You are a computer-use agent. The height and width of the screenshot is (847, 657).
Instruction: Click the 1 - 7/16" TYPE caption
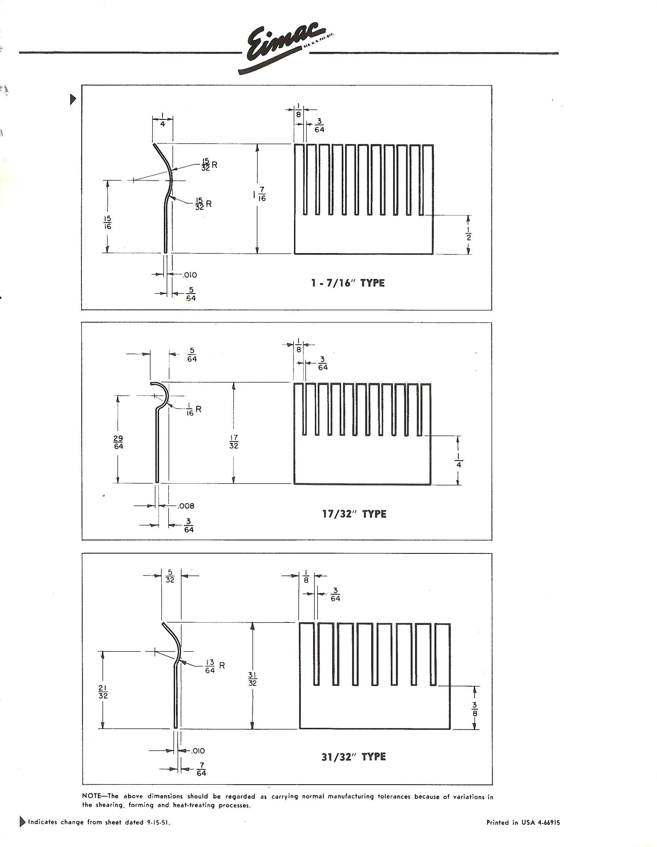pos(348,283)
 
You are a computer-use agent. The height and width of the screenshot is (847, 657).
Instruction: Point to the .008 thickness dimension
pos(186,506)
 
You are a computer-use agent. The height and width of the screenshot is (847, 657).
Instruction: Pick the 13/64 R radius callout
pos(215,666)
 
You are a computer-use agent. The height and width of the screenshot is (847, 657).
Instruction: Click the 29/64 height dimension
pos(118,442)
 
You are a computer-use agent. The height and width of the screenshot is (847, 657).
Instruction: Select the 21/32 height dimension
pos(103,692)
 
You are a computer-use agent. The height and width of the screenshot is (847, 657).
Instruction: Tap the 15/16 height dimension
pos(107,222)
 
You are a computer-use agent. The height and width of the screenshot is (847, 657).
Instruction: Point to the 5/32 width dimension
pos(170,576)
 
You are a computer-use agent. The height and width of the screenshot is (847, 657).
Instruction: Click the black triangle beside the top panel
pos(73,100)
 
